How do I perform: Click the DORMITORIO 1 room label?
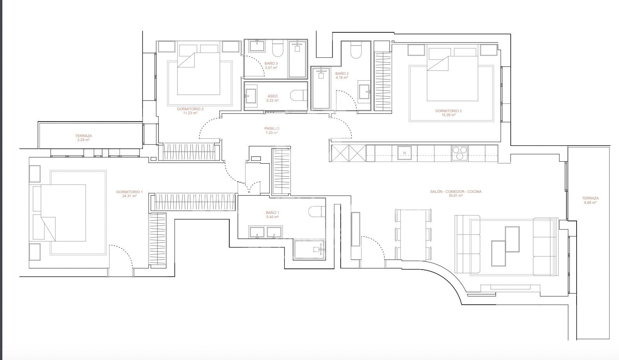click(x=129, y=192)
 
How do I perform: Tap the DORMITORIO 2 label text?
click(x=448, y=111)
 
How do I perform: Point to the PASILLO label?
click(x=272, y=129)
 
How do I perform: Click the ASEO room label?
click(x=273, y=96)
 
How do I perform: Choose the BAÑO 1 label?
click(x=273, y=213)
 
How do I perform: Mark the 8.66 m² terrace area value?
click(x=591, y=203)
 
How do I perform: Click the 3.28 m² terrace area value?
click(x=83, y=140)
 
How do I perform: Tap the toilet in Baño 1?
click(x=316, y=211)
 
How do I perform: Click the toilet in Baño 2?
click(x=356, y=51)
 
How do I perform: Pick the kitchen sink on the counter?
click(x=404, y=150)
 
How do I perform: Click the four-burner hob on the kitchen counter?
click(x=459, y=152)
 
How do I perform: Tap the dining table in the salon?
click(x=413, y=235)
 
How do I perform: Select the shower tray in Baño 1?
click(x=309, y=250)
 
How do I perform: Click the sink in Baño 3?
click(x=257, y=47)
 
